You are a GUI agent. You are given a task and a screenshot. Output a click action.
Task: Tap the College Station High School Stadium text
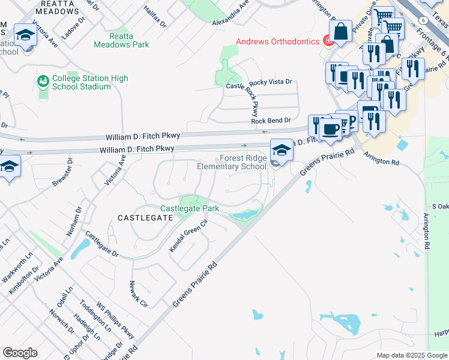click(x=82, y=82)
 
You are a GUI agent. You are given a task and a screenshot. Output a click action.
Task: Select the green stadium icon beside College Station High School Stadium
click(x=43, y=80)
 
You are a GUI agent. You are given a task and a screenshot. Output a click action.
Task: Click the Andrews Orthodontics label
click(x=277, y=41)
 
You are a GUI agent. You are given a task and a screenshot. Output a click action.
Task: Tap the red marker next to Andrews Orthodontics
click(x=328, y=41)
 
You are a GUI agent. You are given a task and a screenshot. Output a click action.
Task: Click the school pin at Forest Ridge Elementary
click(x=281, y=150)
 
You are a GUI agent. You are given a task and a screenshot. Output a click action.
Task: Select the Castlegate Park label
click(x=188, y=208)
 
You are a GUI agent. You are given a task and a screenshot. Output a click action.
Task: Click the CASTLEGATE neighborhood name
click(x=145, y=218)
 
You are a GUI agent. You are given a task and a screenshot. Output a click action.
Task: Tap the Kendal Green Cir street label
click(x=188, y=235)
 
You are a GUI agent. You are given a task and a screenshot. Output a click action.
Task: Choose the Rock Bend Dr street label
click(x=271, y=120)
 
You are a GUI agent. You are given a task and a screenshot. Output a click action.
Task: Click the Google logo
click(x=20, y=352)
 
